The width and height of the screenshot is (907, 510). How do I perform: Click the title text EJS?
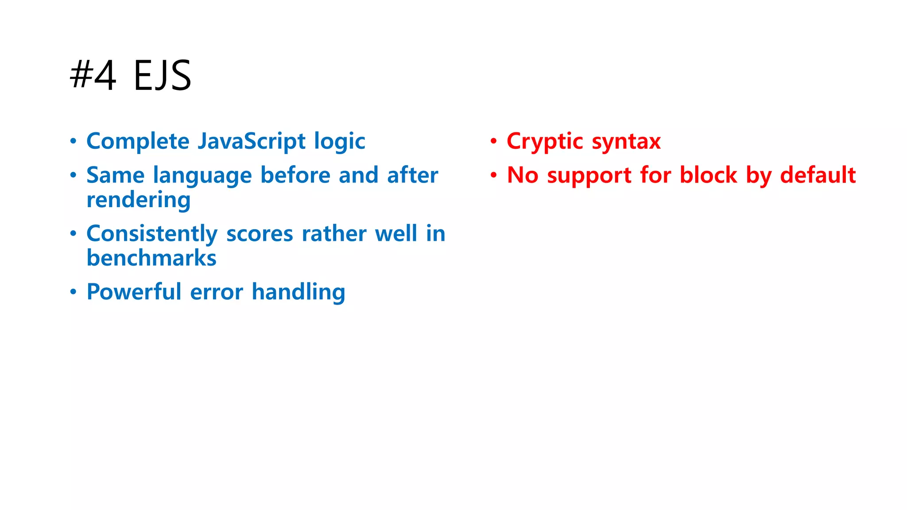(x=162, y=76)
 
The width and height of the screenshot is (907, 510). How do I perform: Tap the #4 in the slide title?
(x=93, y=76)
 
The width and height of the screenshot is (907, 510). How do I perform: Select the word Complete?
(x=138, y=142)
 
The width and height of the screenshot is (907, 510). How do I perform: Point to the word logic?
(x=339, y=142)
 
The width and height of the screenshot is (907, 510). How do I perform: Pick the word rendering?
(x=139, y=201)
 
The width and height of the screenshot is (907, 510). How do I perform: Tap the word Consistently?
(x=152, y=234)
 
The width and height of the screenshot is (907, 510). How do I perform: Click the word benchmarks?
(x=151, y=258)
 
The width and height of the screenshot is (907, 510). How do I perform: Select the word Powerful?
(x=134, y=292)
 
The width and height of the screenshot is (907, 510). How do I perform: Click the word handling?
(x=298, y=292)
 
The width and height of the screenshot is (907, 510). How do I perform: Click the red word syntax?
(x=626, y=142)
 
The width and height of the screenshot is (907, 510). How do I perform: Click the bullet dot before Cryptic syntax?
(x=493, y=142)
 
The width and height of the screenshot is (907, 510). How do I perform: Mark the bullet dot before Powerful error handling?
(x=73, y=292)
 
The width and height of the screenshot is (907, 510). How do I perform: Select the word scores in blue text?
(x=260, y=234)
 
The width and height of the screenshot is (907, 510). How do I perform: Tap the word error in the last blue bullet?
(x=217, y=292)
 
